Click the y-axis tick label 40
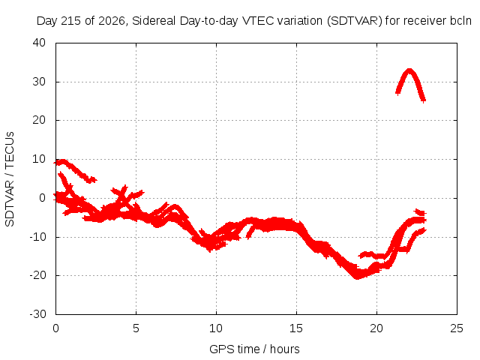[x=39, y=43]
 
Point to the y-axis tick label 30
[x=39, y=82]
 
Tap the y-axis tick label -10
[x=37, y=237]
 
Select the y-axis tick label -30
[x=37, y=314]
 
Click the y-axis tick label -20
[x=37, y=275]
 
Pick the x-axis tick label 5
[x=136, y=328]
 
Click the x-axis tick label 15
[x=296, y=328]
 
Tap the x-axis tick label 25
[x=457, y=328]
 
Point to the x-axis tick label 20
[x=376, y=328]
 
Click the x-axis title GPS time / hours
[x=254, y=349]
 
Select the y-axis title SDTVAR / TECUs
[x=10, y=179]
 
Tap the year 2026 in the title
[x=112, y=21]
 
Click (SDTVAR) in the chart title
[x=355, y=21]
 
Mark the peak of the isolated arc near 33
[x=409, y=70]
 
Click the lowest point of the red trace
[x=357, y=278]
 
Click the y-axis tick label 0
[x=42, y=198]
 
